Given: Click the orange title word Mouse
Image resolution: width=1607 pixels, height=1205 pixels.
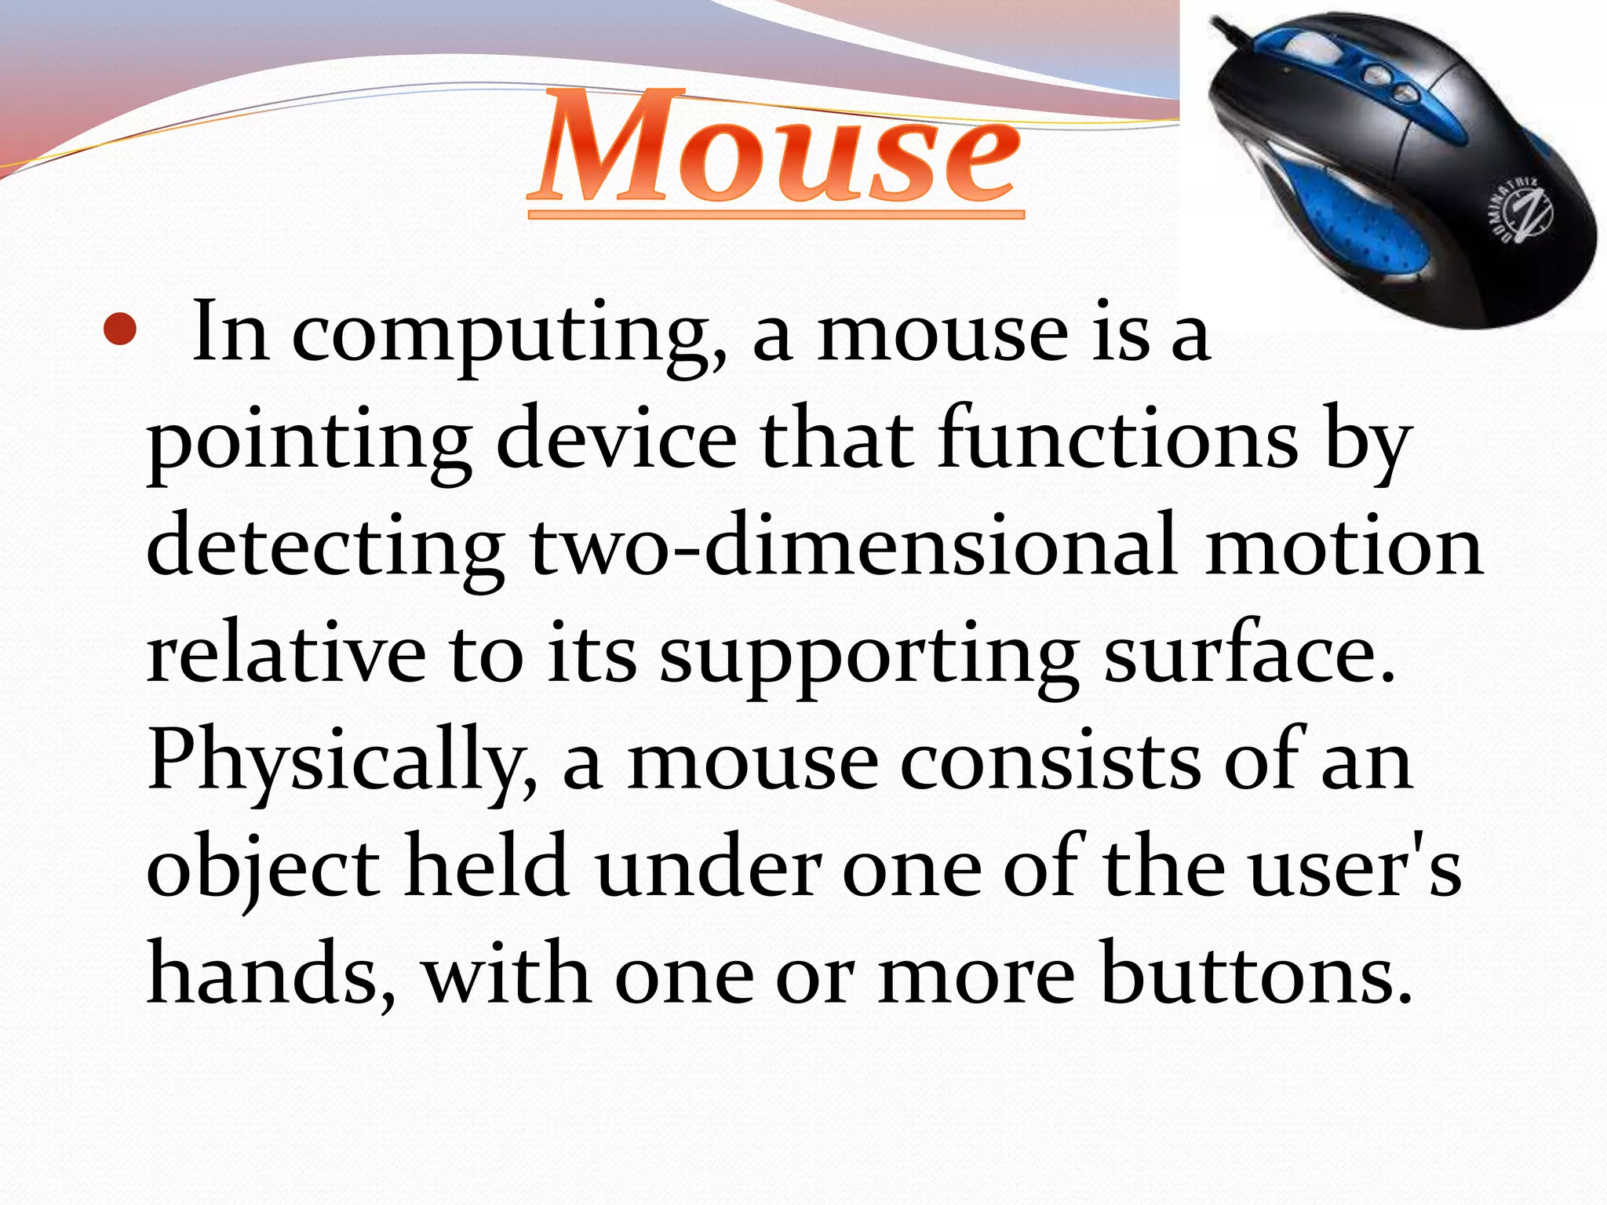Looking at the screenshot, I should [775, 149].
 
